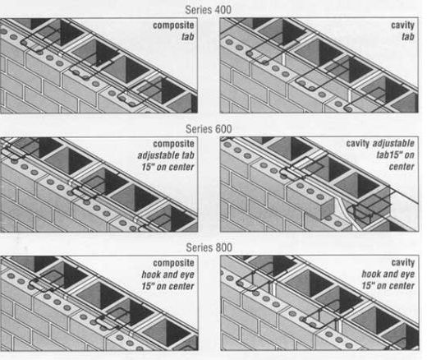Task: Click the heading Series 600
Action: pos(209,128)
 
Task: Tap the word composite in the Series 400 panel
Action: pos(173,26)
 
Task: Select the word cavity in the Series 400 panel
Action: pos(402,26)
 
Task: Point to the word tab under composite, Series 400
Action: pos(188,38)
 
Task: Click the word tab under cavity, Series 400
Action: pos(407,38)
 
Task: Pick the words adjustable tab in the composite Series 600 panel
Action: pos(167,155)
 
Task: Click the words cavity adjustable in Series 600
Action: pos(379,143)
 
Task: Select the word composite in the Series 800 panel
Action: pos(173,262)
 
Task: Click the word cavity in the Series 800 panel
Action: pos(401,262)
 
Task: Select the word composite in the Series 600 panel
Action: pos(173,143)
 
